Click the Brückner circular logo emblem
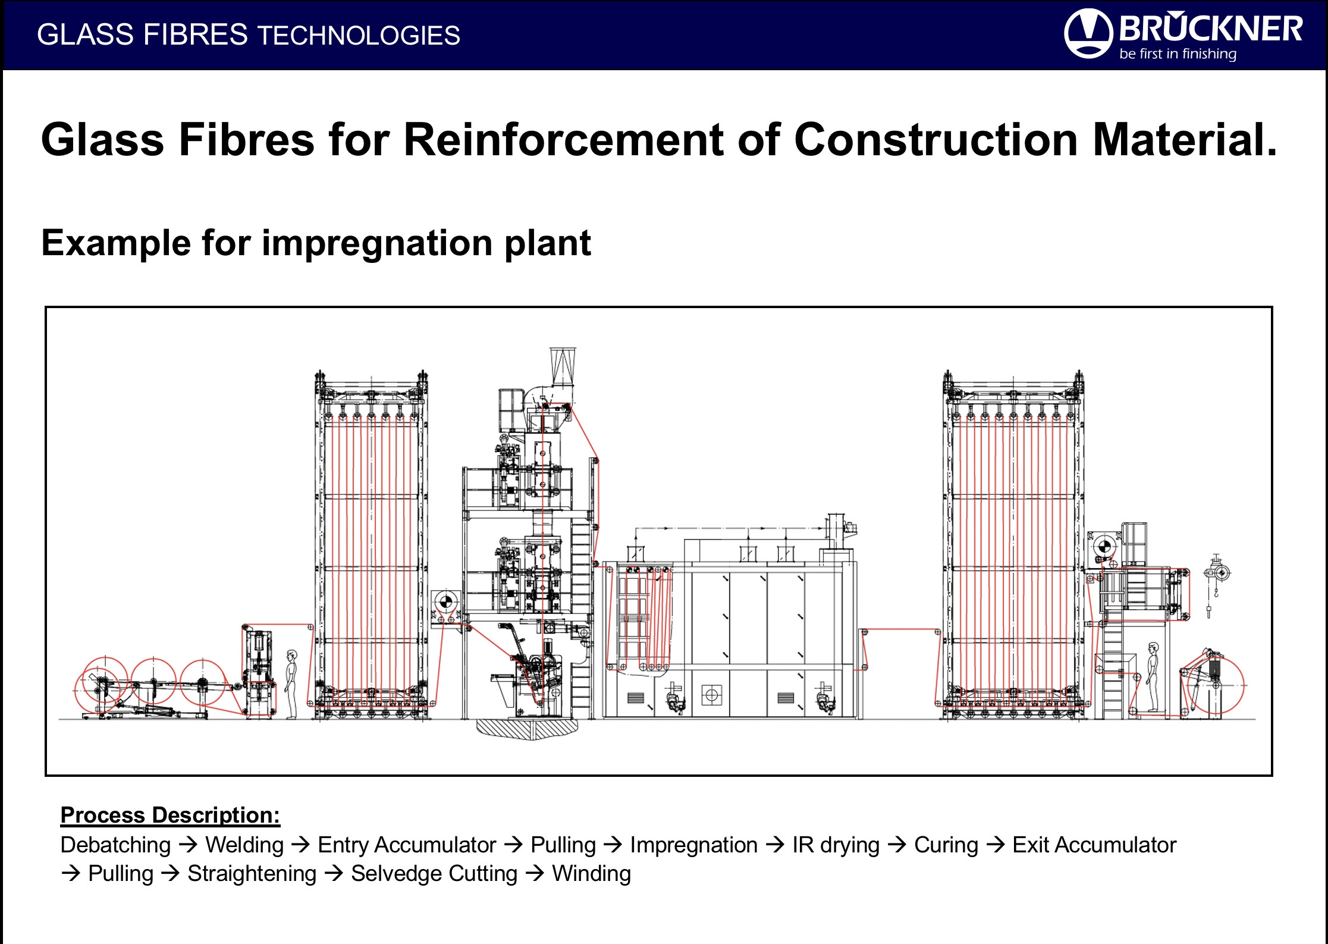[x=1088, y=33]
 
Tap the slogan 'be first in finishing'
[x=1178, y=54]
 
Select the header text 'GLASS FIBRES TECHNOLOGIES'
[x=249, y=35]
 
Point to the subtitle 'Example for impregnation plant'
[x=316, y=243]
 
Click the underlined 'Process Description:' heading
[x=170, y=815]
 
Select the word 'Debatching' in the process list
[x=115, y=845]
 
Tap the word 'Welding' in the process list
[x=244, y=845]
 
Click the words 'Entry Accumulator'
[x=407, y=845]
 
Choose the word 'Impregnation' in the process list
[x=693, y=845]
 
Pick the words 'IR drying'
[x=836, y=845]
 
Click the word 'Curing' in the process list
[x=946, y=845]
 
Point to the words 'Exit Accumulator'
[x=1094, y=845]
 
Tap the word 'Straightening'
[x=252, y=874]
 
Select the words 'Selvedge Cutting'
[x=434, y=874]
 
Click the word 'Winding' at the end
[x=591, y=874]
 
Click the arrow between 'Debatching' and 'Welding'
[x=188, y=845]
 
